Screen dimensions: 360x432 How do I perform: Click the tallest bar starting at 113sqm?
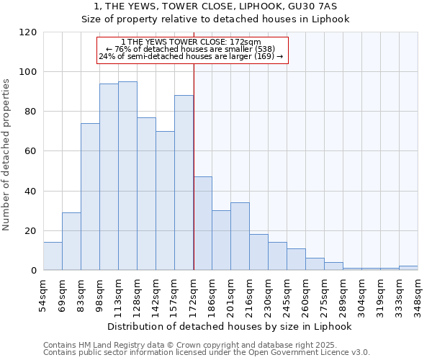coord(127,176)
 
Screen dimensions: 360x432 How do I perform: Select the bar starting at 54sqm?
coord(53,256)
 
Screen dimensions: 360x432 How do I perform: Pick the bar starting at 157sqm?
coord(184,183)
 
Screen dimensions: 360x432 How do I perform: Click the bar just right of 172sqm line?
coord(202,223)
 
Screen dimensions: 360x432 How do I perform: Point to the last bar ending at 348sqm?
coord(408,268)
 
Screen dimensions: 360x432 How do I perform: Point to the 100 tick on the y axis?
coord(28,72)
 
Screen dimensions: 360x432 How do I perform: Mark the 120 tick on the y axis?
coord(28,32)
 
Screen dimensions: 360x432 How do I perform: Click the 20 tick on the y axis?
coord(31,230)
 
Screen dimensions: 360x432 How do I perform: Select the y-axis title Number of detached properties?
coord(7,155)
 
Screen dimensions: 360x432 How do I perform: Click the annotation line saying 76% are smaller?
coord(191,49)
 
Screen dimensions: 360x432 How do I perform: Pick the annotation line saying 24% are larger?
coord(191,56)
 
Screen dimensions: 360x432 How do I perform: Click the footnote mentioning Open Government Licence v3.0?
coord(207,352)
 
